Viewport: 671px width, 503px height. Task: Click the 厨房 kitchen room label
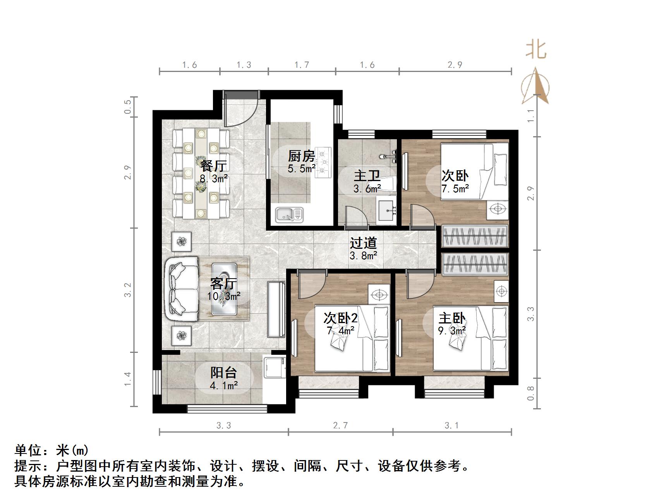(x=301, y=156)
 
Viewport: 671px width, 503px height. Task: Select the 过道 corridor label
(x=363, y=243)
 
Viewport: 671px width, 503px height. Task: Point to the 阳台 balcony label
(x=223, y=373)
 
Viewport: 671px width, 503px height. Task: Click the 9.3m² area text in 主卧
(x=451, y=331)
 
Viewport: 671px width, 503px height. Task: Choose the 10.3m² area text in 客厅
(x=223, y=296)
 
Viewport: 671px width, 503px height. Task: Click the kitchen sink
(x=288, y=215)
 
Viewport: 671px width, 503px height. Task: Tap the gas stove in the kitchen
(x=323, y=163)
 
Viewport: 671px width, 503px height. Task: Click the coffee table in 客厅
(x=224, y=288)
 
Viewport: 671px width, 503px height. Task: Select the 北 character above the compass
(x=536, y=50)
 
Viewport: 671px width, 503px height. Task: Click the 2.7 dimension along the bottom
(x=340, y=426)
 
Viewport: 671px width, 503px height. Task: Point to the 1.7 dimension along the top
(x=302, y=65)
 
